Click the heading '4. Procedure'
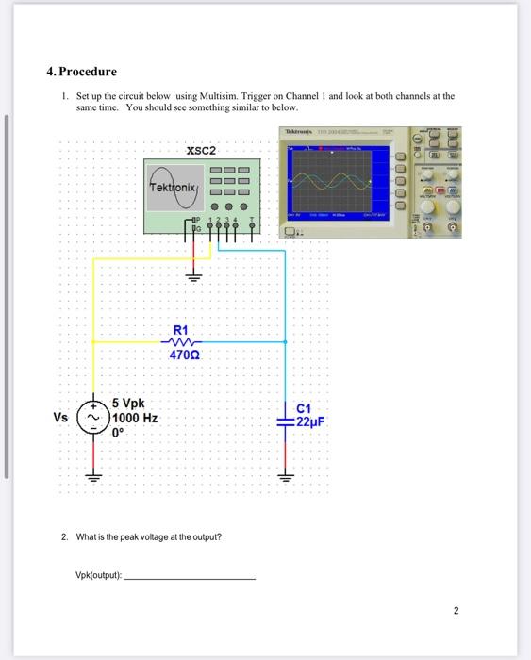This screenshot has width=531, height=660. point(82,72)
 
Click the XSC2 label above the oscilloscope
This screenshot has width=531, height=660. point(201,150)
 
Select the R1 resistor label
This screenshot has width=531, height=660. point(180,330)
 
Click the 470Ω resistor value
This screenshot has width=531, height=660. point(183,355)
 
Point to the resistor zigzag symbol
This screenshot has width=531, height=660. point(183,342)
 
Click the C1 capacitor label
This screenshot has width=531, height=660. point(303,408)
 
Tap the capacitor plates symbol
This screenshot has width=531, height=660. point(284,416)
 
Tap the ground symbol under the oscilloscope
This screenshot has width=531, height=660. point(195,276)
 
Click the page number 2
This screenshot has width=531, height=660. point(456,611)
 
